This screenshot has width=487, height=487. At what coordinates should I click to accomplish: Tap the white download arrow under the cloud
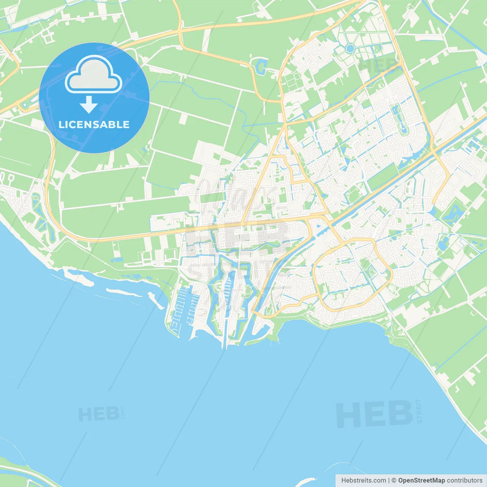[89, 105]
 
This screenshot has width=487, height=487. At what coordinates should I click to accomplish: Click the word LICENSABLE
[94, 124]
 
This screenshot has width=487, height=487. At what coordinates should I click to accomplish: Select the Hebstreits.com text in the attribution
[363, 481]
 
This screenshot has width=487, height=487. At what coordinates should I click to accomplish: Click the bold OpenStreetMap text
[421, 481]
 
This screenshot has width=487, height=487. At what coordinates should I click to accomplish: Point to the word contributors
[465, 481]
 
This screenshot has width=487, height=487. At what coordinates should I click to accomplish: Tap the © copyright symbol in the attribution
[394, 481]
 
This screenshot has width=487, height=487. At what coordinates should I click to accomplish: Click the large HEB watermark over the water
[374, 414]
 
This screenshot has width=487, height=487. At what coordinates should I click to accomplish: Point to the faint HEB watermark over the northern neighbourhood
[375, 65]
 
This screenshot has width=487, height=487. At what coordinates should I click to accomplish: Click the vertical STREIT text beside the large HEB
[419, 411]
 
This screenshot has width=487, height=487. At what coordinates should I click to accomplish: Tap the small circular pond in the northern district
[350, 48]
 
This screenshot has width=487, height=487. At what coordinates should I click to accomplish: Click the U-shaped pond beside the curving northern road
[261, 66]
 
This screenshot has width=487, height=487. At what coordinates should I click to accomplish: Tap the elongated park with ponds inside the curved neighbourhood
[399, 118]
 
